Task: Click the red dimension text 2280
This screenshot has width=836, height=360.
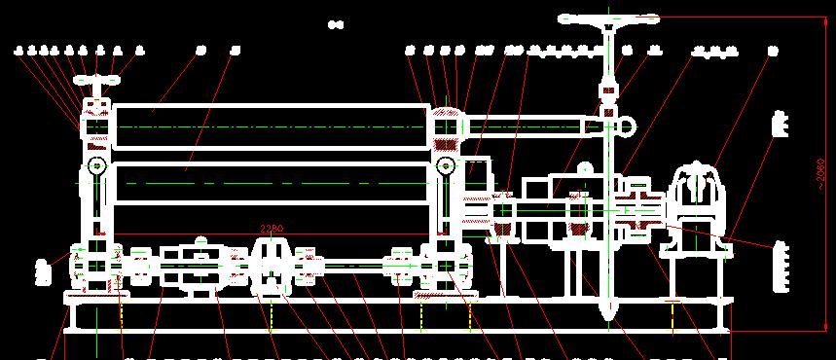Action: tap(272, 229)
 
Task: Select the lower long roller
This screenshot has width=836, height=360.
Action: tap(271, 183)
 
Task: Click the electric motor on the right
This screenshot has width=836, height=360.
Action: tap(699, 195)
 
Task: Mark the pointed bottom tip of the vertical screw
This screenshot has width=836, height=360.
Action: tap(610, 313)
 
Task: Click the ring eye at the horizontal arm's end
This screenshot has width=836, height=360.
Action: tap(628, 125)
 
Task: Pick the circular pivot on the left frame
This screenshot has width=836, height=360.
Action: tap(96, 167)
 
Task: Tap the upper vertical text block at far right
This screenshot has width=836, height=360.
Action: tap(778, 125)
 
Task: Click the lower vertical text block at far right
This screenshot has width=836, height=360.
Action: tap(778, 267)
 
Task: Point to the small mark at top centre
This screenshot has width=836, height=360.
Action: tap(336, 23)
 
